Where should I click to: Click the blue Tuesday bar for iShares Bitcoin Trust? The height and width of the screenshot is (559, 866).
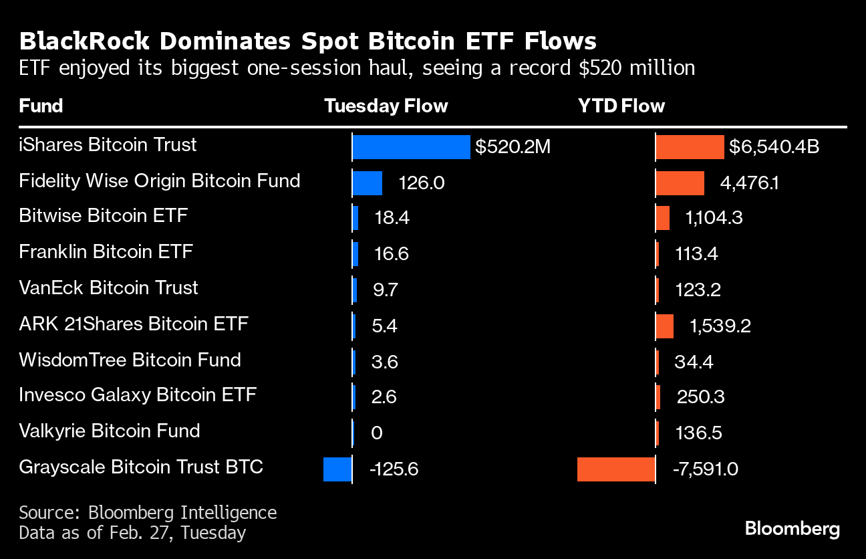[x=411, y=147]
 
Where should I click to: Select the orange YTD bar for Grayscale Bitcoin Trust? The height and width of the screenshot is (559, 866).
[x=615, y=469]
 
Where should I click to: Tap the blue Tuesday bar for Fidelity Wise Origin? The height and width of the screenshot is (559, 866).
[x=367, y=183]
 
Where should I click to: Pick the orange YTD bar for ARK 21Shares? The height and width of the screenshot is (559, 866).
[x=664, y=326]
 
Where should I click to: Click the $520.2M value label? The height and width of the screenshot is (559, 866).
[x=513, y=147]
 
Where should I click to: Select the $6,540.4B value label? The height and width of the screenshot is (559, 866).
[x=774, y=147]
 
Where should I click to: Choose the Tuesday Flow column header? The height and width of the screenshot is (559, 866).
[x=386, y=106]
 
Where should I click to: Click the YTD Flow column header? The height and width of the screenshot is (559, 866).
[x=621, y=106]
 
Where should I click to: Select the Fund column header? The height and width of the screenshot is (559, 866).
[x=41, y=106]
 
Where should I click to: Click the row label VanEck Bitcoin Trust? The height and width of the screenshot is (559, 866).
[x=108, y=288]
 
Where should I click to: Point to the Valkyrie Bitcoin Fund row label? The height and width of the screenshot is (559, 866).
[x=109, y=431]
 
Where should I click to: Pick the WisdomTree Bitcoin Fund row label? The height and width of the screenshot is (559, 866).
[x=130, y=360]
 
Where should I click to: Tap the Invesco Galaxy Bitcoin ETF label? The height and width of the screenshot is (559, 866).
[x=137, y=395]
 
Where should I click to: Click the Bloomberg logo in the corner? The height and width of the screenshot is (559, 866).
[x=792, y=530]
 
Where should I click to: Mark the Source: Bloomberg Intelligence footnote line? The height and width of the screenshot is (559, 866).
[x=147, y=513]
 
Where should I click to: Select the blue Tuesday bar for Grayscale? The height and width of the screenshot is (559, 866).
[x=337, y=469]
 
